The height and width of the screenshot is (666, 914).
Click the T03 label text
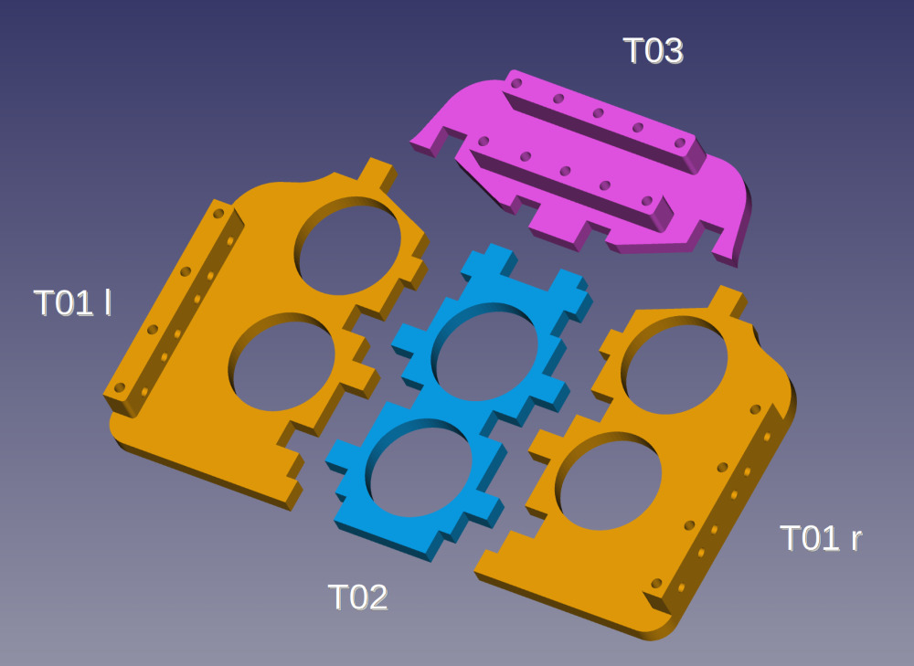click(653, 50)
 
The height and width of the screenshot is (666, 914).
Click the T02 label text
click(358, 597)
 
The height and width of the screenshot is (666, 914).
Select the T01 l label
click(72, 303)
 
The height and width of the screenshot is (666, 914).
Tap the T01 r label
click(821, 538)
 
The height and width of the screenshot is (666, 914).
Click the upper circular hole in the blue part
click(485, 352)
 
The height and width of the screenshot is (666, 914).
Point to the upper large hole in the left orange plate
click(348, 246)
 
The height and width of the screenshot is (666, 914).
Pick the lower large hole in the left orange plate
click(282, 362)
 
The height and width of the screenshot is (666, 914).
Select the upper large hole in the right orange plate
click(675, 365)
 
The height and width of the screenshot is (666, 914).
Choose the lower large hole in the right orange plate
click(609, 481)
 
